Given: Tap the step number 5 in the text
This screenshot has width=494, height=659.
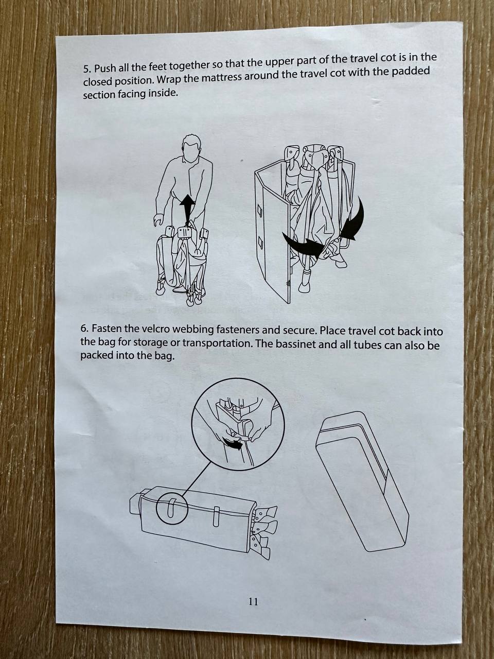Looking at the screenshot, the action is (x=86, y=70).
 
